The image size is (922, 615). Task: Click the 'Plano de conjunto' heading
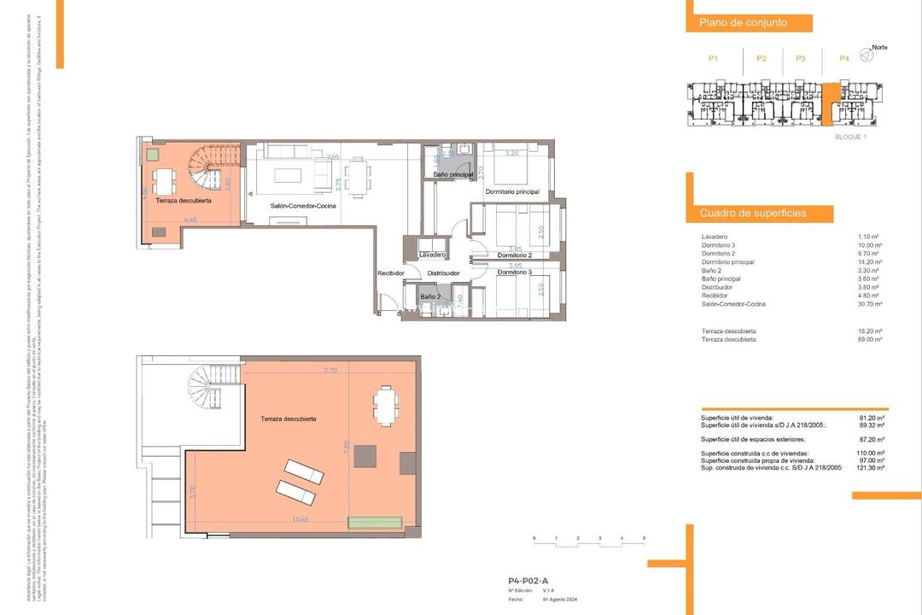click(x=743, y=23)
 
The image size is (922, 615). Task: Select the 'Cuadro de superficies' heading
click(x=753, y=213)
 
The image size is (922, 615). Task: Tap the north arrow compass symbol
click(x=867, y=56)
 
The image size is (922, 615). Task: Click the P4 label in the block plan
click(x=843, y=58)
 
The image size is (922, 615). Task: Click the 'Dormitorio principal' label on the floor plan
click(x=512, y=192)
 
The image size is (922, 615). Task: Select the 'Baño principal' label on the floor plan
click(x=453, y=175)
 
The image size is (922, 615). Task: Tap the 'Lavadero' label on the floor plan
click(x=434, y=255)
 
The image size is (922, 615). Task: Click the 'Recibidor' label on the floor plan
click(x=391, y=273)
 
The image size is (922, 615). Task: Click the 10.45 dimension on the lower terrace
click(x=301, y=518)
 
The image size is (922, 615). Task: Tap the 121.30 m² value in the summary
click(x=869, y=468)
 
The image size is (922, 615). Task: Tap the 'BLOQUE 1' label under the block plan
click(x=850, y=137)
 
